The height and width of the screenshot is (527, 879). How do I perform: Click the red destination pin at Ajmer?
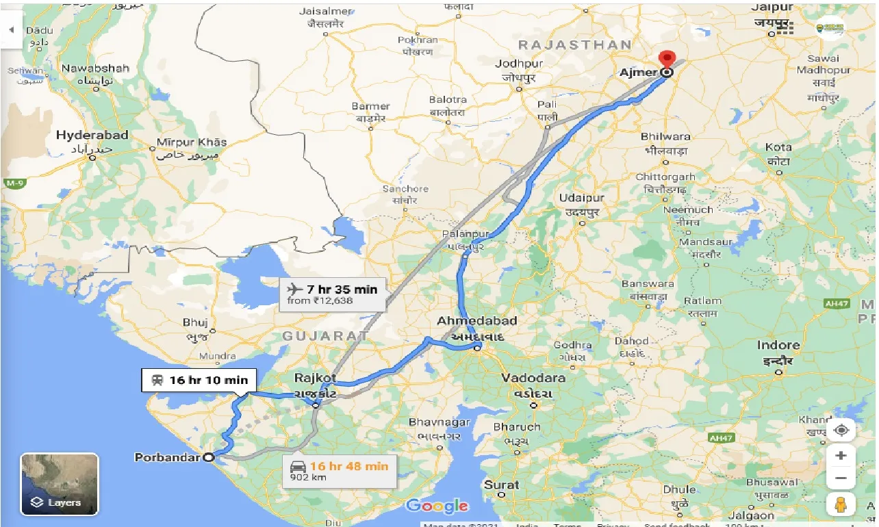point(665,59)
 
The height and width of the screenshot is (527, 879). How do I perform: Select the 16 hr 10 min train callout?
point(200,380)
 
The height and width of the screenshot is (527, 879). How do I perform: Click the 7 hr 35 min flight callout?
point(332,294)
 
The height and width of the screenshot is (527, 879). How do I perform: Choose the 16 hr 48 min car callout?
point(339,471)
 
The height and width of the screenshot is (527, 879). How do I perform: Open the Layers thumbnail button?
point(60,484)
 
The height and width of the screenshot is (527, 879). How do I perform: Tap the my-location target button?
point(841,430)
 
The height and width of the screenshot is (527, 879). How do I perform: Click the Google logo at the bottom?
point(437,506)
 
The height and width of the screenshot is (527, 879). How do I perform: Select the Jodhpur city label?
point(518,64)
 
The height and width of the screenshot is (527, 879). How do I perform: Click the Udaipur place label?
point(582,197)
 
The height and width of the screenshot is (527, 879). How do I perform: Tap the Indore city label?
point(778,345)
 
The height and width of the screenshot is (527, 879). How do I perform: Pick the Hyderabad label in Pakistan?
point(92,136)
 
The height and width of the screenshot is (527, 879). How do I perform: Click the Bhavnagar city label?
point(439,422)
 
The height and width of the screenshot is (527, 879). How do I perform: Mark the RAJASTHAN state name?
point(574,44)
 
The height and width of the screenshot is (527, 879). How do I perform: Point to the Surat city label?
point(502,485)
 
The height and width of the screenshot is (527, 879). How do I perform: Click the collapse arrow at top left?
point(11,30)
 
